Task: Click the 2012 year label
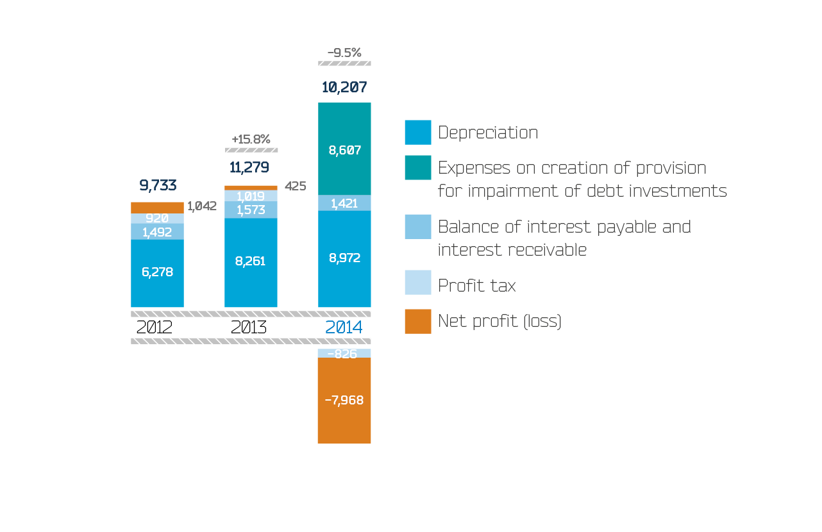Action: click(x=154, y=328)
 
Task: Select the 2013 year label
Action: click(x=249, y=328)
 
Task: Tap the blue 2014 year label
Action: click(x=344, y=328)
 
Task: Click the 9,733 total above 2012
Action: click(x=158, y=185)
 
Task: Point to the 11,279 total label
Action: click(x=249, y=168)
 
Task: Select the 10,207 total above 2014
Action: click(x=344, y=87)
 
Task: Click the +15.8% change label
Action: click(x=251, y=139)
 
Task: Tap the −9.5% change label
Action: click(x=344, y=53)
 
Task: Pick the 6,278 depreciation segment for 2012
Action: click(x=157, y=272)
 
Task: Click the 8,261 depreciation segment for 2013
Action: click(x=251, y=262)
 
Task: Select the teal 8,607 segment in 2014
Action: click(x=344, y=150)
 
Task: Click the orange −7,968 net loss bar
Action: click(x=344, y=401)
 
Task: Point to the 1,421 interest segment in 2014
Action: click(x=344, y=204)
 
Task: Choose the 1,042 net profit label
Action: click(x=202, y=206)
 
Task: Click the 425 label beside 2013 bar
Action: click(x=295, y=187)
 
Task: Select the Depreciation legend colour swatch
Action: click(x=417, y=133)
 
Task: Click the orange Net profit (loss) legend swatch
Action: click(x=417, y=321)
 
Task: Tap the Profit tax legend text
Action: click(x=476, y=285)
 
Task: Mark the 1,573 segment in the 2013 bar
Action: click(x=251, y=210)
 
